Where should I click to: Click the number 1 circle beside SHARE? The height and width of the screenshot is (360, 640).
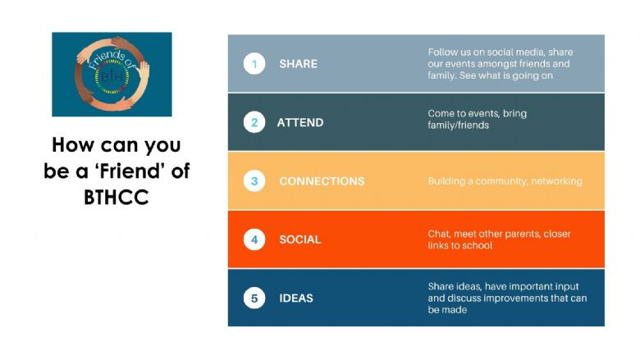[254, 64]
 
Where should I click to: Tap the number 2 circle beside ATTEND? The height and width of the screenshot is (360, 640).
[254, 122]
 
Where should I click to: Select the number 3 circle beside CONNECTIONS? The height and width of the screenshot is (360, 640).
[254, 181]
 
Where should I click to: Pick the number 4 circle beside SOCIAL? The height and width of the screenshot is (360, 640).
[254, 239]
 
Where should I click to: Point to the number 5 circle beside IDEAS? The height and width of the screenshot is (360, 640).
[254, 298]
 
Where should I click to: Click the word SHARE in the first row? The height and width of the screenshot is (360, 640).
[299, 64]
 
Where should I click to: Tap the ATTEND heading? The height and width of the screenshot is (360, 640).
[300, 123]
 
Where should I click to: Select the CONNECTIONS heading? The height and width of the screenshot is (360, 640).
[322, 181]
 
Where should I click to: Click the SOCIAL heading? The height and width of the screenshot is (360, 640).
[300, 239]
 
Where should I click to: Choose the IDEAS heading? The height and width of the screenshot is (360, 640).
[296, 298]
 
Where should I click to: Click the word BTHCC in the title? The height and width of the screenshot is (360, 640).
[117, 198]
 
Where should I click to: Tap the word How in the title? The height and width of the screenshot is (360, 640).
[73, 144]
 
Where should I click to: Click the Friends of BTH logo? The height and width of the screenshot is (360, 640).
[112, 74]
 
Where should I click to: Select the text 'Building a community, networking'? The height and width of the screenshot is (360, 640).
[505, 181]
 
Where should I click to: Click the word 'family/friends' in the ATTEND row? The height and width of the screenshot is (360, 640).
[459, 125]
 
